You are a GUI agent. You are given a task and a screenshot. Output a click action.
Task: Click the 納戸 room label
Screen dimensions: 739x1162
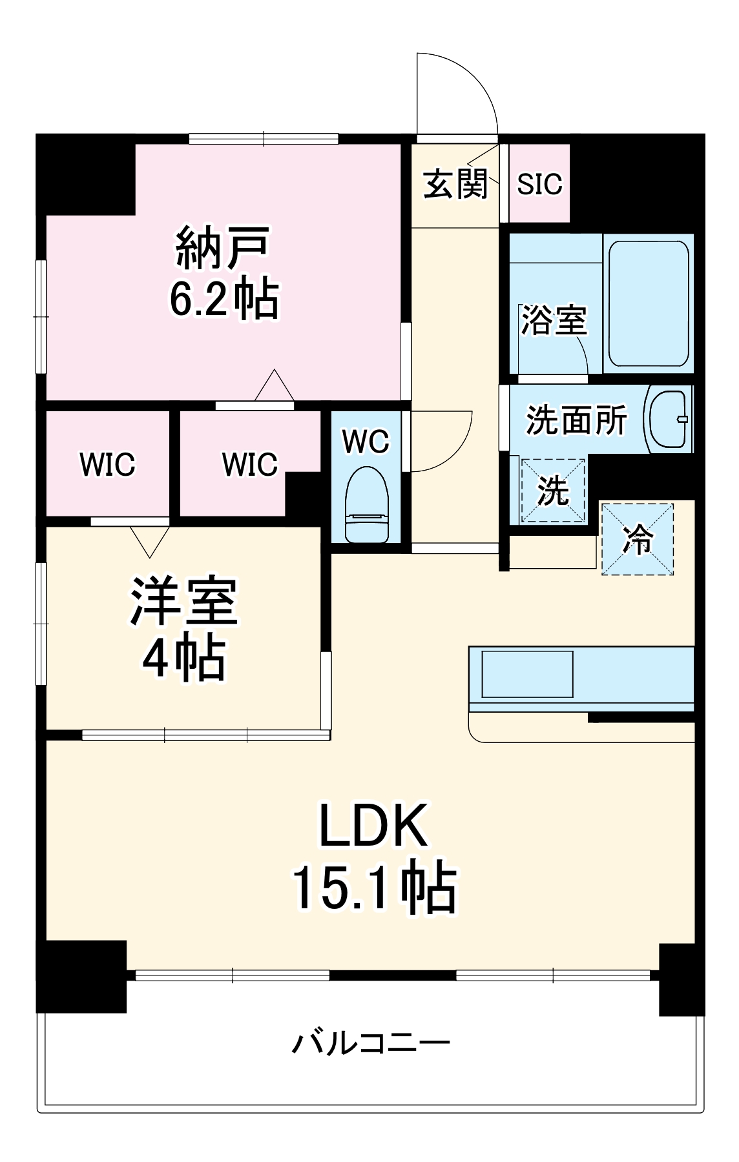(x=222, y=247)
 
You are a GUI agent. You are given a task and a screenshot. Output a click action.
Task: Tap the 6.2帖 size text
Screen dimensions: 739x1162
(x=224, y=298)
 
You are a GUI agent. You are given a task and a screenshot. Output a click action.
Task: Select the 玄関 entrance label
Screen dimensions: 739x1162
(x=455, y=184)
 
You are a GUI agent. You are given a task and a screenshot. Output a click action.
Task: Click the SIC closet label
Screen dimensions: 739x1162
(x=539, y=184)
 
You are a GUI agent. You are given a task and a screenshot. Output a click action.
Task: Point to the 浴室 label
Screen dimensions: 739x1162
(x=554, y=320)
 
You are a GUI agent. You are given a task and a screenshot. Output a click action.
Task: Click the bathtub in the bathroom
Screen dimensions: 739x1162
(x=648, y=303)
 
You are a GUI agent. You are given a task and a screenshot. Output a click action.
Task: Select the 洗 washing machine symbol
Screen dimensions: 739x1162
(x=553, y=491)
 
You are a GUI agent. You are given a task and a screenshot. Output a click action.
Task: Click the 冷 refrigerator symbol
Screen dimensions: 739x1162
(x=638, y=539)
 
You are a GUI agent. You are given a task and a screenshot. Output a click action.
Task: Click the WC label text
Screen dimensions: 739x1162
(x=366, y=442)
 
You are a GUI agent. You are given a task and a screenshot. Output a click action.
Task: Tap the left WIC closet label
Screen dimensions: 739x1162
(x=107, y=464)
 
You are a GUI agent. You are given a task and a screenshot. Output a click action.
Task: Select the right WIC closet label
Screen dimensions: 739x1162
(x=249, y=464)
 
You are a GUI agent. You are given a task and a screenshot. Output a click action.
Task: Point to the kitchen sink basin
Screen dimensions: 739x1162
(x=527, y=674)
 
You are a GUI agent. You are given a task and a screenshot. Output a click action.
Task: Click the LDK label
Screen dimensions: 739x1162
(x=374, y=826)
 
